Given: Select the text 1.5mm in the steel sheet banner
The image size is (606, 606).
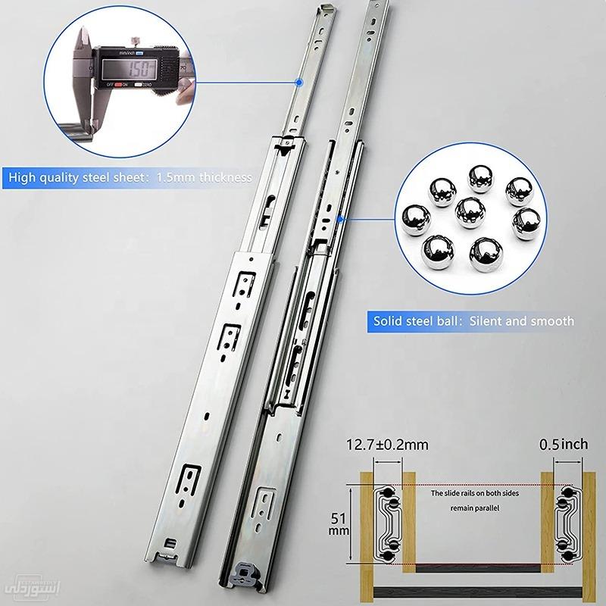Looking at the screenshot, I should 173,179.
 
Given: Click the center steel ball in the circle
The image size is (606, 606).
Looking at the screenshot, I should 470,213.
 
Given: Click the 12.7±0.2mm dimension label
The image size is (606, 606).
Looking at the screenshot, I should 386,445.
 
